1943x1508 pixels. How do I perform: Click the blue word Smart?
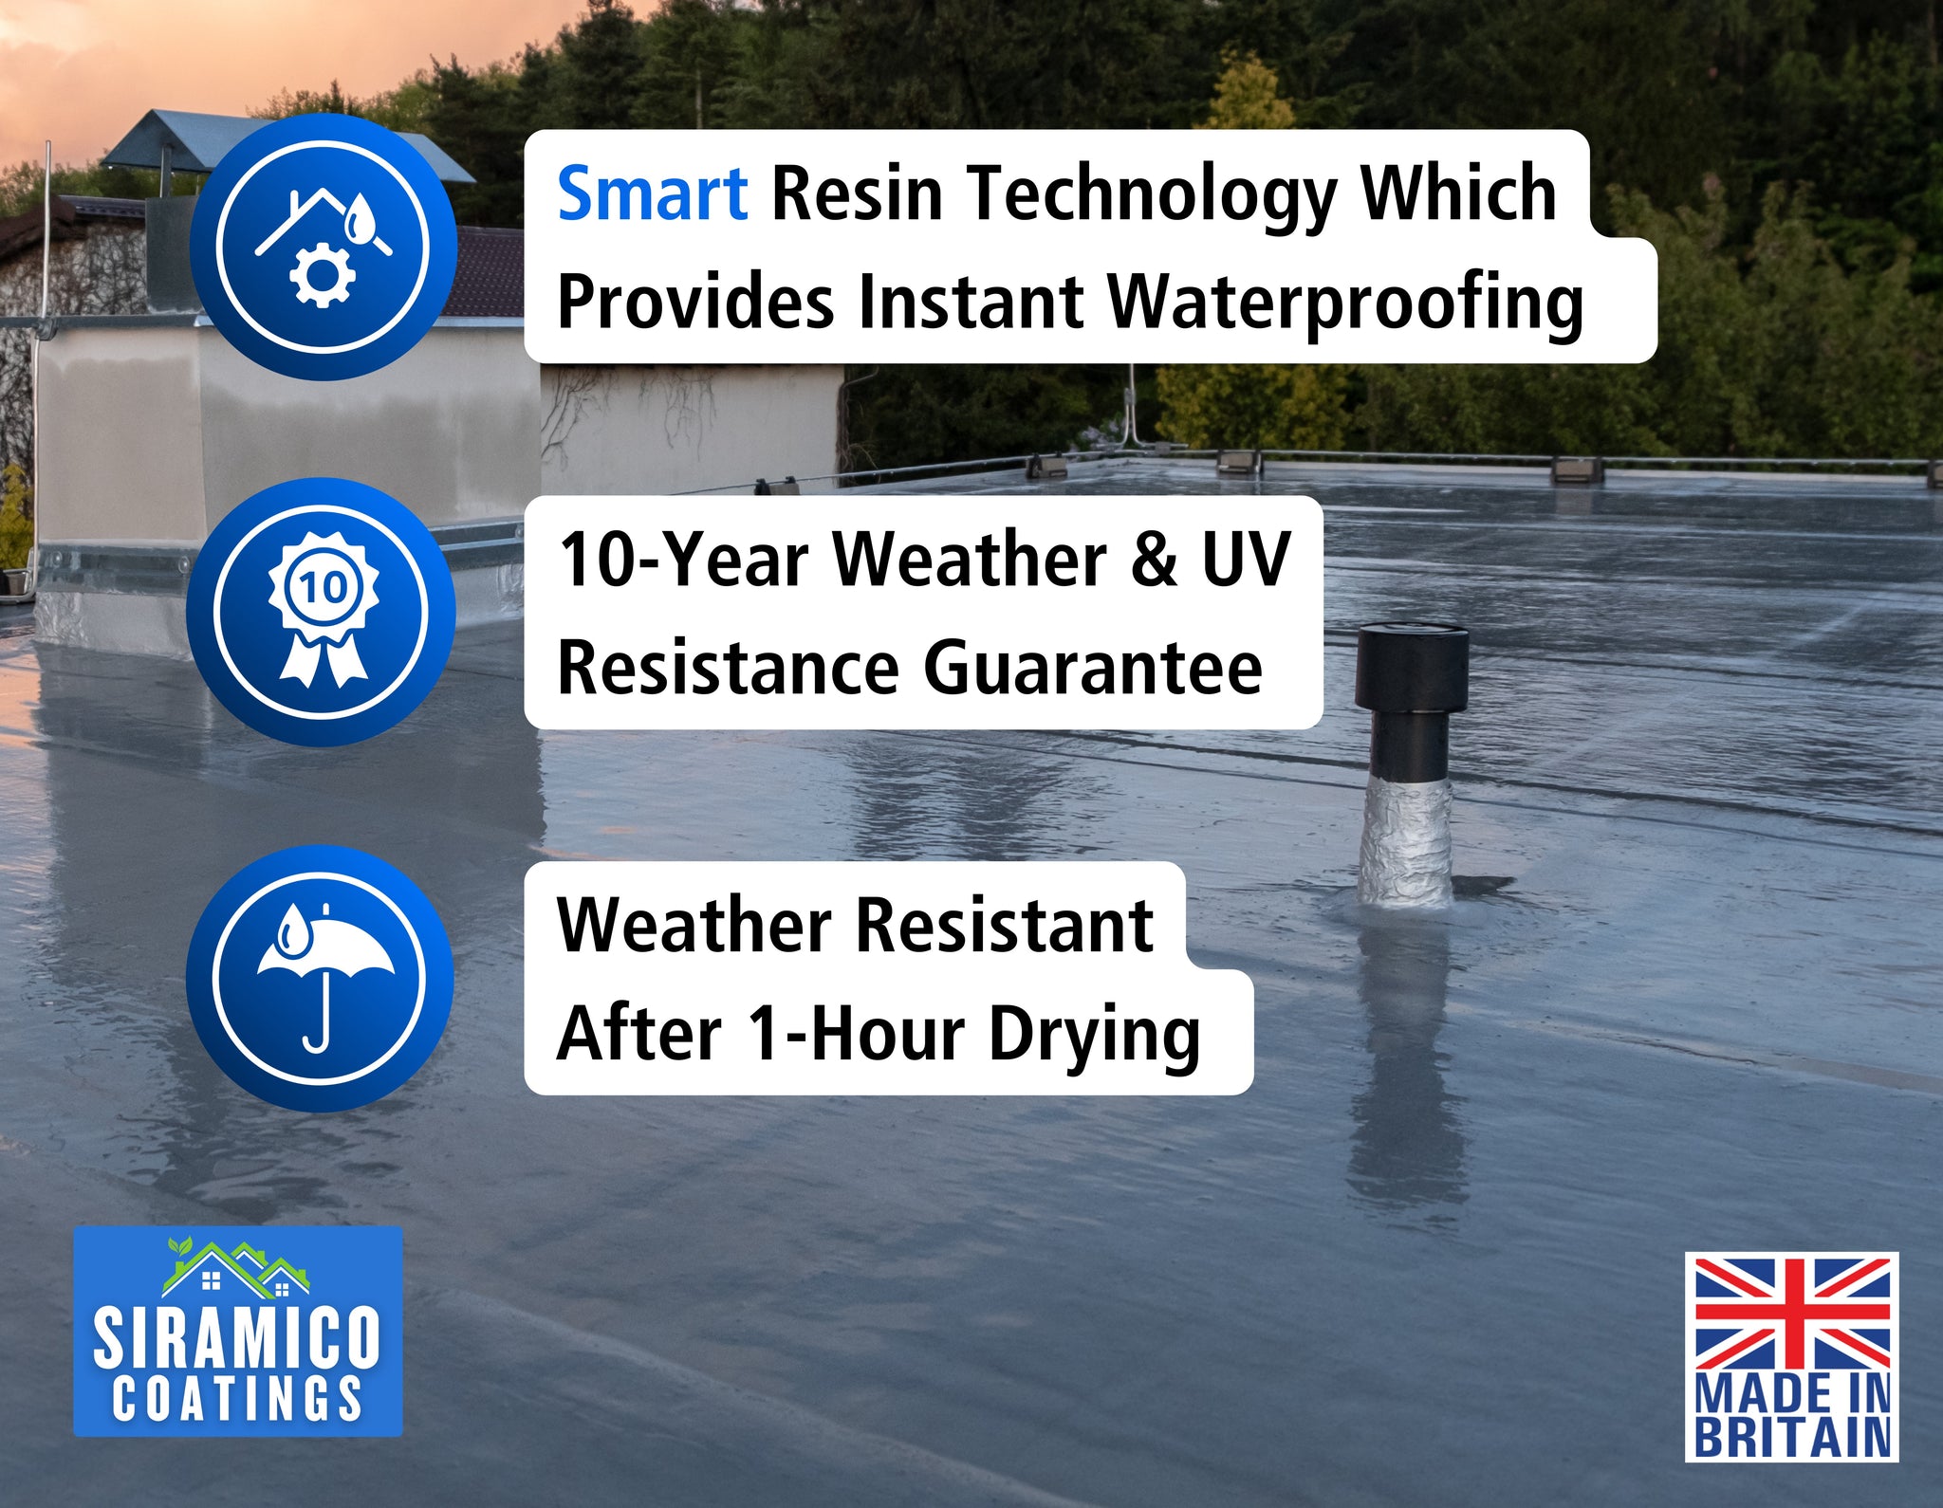(652, 193)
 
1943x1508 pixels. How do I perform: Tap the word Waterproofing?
(1346, 304)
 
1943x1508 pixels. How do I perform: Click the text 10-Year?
(683, 560)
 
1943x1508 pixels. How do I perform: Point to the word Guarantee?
(1093, 669)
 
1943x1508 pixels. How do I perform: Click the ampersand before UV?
(1154, 560)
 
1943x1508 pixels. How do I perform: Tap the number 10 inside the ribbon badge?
(323, 587)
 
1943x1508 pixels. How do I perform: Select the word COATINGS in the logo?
(237, 1398)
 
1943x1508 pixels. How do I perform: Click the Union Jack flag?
(1792, 1314)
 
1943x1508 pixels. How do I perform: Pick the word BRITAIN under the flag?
(1792, 1437)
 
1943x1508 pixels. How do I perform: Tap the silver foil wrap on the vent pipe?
(1405, 840)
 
